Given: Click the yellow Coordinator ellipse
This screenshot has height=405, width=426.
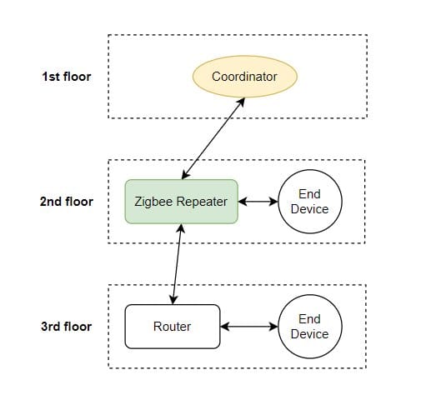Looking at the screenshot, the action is [245, 77].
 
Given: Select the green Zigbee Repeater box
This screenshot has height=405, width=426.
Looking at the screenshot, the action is [181, 202].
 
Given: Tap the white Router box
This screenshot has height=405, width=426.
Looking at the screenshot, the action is [173, 327].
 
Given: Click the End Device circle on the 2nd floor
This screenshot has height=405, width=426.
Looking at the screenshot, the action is [310, 202].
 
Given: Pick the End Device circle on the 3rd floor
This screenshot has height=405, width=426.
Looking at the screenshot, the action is [310, 327].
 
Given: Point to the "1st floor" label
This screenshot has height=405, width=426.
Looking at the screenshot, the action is [67, 77].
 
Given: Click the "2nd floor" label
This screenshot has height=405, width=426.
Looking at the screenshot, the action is [67, 202].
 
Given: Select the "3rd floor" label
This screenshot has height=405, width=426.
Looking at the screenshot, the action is [67, 327].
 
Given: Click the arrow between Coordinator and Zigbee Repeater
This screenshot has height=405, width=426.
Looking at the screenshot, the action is [213, 138].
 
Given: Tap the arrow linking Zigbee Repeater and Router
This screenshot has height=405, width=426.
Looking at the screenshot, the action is [177, 264].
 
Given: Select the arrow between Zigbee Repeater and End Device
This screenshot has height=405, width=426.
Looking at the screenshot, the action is [258, 202].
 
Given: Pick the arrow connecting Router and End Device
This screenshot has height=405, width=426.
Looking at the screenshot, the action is [249, 327].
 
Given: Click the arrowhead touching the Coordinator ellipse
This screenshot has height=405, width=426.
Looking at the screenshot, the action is [241, 102].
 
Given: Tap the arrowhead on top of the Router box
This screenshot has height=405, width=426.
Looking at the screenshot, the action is [173, 300].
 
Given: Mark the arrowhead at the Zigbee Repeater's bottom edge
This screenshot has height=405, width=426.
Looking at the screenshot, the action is [181, 228].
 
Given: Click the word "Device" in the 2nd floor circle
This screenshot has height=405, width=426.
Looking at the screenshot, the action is [309, 209].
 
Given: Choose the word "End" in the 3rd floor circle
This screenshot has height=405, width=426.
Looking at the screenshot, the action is [309, 319].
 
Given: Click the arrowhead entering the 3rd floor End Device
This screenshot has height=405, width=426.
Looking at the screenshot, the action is [273, 327].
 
